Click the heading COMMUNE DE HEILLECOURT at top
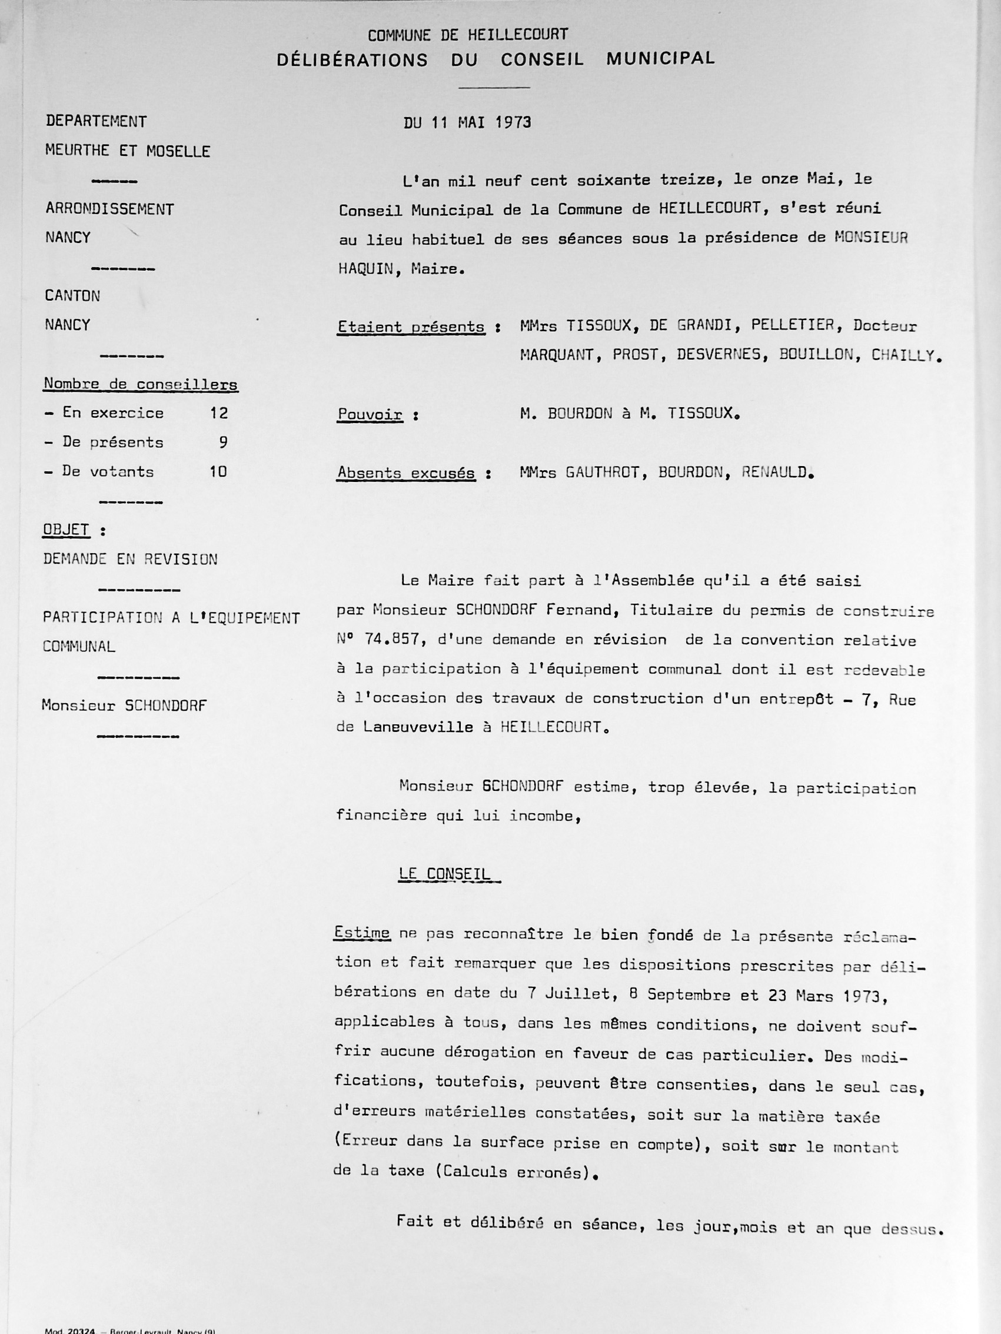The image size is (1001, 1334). (467, 35)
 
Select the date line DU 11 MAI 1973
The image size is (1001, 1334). (467, 122)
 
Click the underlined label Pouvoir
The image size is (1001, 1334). (370, 415)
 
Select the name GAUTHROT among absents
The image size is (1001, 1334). (603, 472)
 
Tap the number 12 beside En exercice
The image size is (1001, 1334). (219, 413)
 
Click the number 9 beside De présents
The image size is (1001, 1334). (223, 443)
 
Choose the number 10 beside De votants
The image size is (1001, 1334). (218, 471)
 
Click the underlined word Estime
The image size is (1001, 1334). (362, 933)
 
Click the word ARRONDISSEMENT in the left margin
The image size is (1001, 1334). (109, 209)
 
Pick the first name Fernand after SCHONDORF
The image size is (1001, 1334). (581, 610)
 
